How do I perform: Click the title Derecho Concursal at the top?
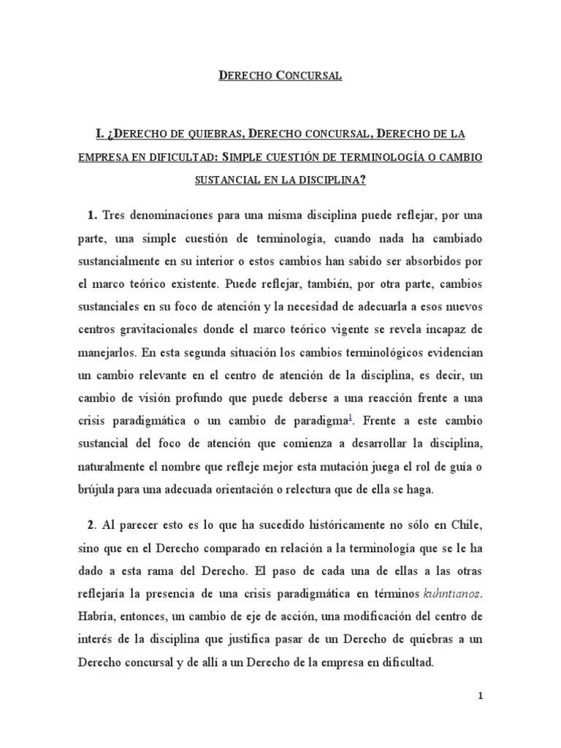coord(280,75)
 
